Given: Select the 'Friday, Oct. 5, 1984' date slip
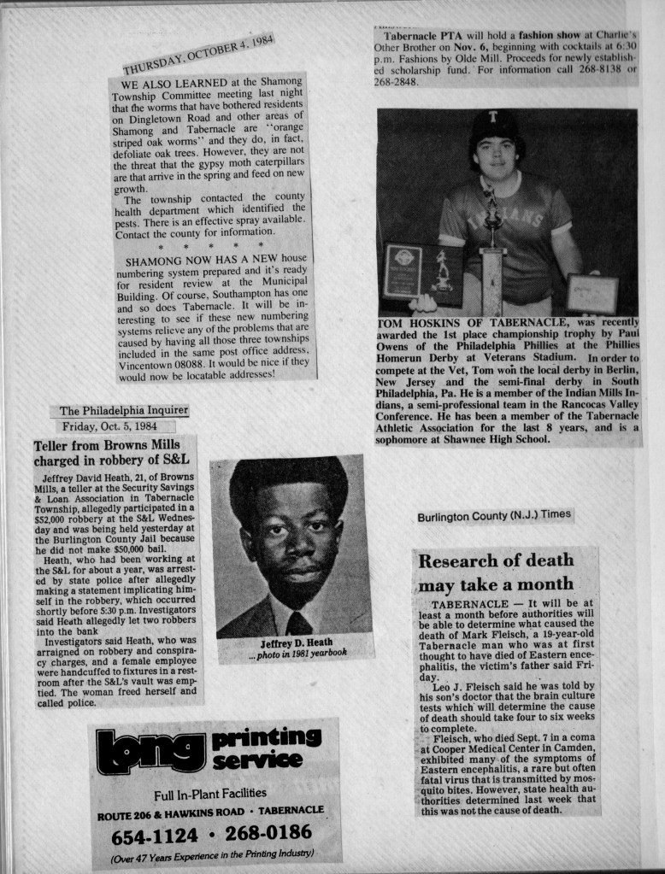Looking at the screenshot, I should pos(117,425).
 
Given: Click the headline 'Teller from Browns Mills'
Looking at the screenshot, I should pos(105,445).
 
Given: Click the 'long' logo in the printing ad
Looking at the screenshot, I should pos(150,749).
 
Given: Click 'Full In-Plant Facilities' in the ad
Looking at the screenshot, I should pos(209,794).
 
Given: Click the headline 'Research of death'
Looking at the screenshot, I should pos(495,561).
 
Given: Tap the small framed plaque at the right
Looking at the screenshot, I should pos(591,293).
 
